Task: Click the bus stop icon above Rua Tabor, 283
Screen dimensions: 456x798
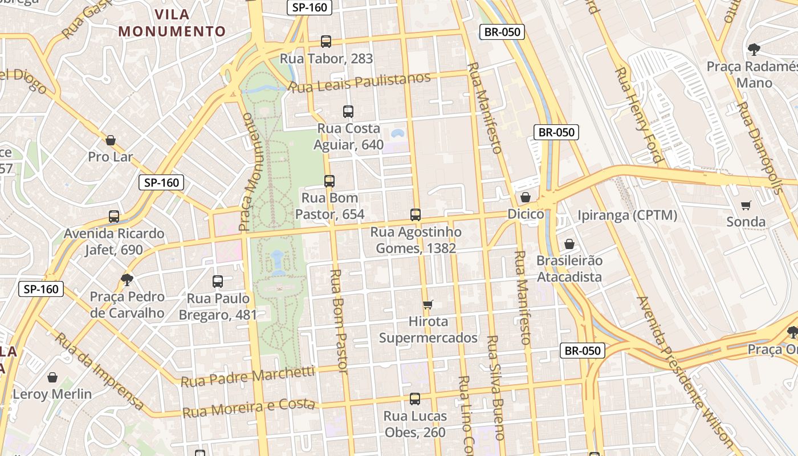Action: (x=326, y=42)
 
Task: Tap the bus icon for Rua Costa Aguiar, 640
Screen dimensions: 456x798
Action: (x=348, y=112)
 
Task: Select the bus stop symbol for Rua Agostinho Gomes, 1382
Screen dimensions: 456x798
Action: (x=416, y=215)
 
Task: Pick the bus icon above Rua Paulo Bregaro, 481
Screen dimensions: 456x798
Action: (x=218, y=281)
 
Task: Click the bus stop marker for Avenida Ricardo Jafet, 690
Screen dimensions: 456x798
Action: (x=114, y=217)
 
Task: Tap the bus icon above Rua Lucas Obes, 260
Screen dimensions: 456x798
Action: (x=415, y=399)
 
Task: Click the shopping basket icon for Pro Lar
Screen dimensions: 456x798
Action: (x=111, y=140)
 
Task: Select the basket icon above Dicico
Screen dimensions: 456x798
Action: (x=526, y=197)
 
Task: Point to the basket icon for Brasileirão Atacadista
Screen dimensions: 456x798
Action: (x=569, y=244)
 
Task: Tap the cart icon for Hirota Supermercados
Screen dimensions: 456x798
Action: (x=428, y=305)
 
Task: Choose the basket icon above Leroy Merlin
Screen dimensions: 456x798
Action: (x=52, y=377)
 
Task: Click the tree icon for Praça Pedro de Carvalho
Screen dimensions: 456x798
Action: (x=127, y=279)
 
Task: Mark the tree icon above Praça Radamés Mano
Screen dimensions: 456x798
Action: (x=754, y=50)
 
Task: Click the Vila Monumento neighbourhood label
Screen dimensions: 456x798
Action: (x=172, y=23)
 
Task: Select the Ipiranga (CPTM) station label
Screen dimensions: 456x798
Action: (x=627, y=215)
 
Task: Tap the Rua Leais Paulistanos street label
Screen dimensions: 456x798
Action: (x=359, y=83)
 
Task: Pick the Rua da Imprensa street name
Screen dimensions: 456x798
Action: (x=99, y=370)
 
